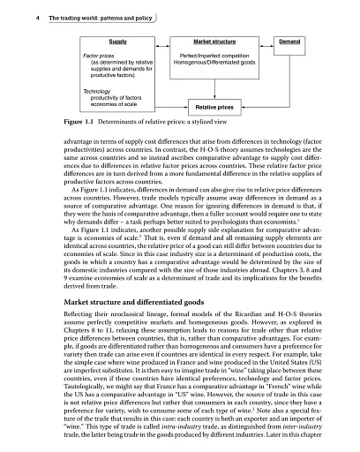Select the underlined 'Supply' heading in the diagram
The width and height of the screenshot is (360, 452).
(x=116, y=41)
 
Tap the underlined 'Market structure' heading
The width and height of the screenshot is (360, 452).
(x=217, y=41)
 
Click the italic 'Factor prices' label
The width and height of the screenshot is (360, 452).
(x=100, y=55)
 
